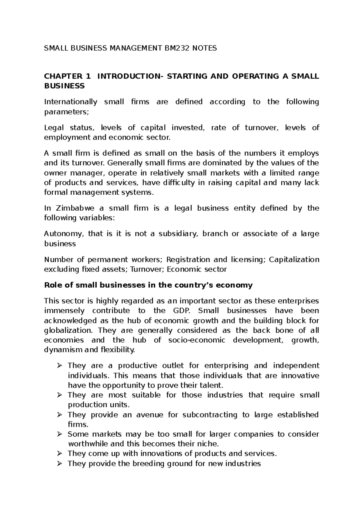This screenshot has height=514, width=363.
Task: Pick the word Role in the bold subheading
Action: point(52,285)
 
